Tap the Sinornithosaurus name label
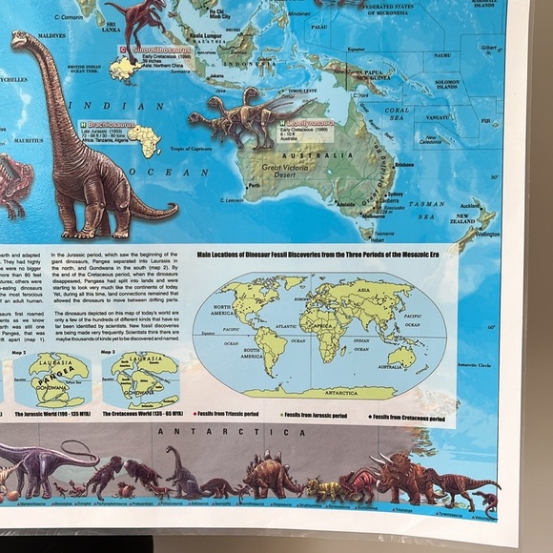[158, 48]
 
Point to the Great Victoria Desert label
[285, 173]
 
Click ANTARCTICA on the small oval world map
[315, 392]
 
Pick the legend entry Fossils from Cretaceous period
[408, 417]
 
